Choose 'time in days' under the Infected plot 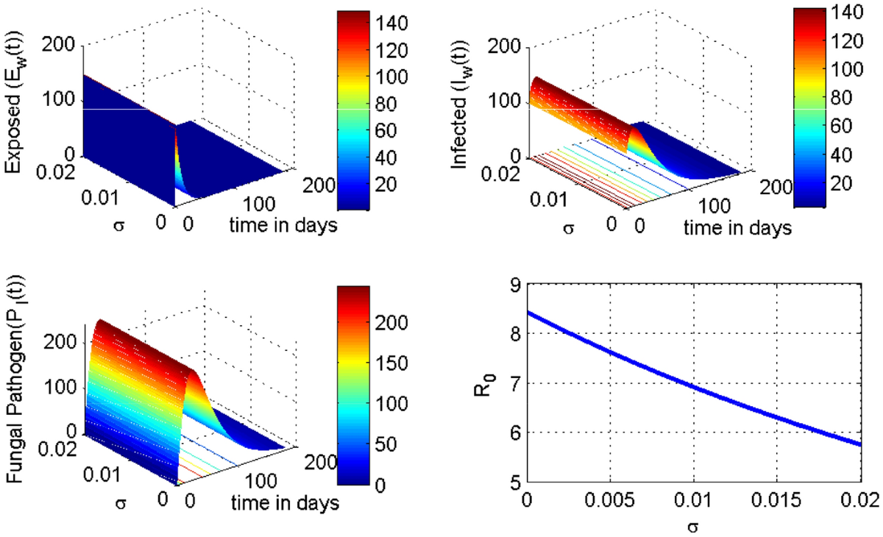tap(737, 228)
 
